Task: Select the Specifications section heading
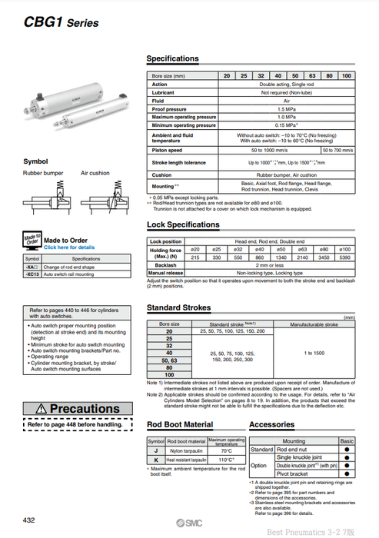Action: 172,58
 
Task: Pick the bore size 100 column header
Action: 346,75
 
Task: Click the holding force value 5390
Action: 345,257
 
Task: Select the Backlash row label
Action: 165,265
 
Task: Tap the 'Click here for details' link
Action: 69,247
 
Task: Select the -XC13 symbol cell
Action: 32,274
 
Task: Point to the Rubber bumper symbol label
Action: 43,174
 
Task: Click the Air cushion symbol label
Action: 95,174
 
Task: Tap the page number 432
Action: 29,520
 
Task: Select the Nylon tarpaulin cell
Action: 186,450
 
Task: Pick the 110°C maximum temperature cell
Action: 227,459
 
